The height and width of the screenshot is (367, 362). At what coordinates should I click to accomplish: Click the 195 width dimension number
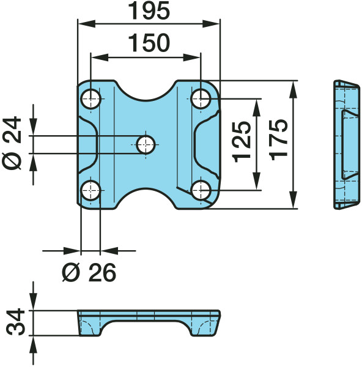coord(149,11)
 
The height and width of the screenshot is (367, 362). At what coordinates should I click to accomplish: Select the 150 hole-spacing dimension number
coord(149,43)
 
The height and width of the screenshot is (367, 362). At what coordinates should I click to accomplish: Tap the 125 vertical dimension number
coord(242,142)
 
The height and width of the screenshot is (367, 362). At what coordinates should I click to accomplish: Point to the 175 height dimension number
coord(278,139)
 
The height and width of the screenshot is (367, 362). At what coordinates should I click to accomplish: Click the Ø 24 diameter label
coord(12,143)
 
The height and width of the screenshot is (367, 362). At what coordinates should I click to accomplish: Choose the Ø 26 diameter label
coord(89,272)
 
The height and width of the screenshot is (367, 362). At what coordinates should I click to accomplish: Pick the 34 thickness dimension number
coord(15,322)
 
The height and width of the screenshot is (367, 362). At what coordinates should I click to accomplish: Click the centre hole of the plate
coord(146,145)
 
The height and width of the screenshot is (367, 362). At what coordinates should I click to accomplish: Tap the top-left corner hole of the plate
coord(90,99)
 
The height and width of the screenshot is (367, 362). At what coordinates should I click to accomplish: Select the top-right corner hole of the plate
coord(201,98)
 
